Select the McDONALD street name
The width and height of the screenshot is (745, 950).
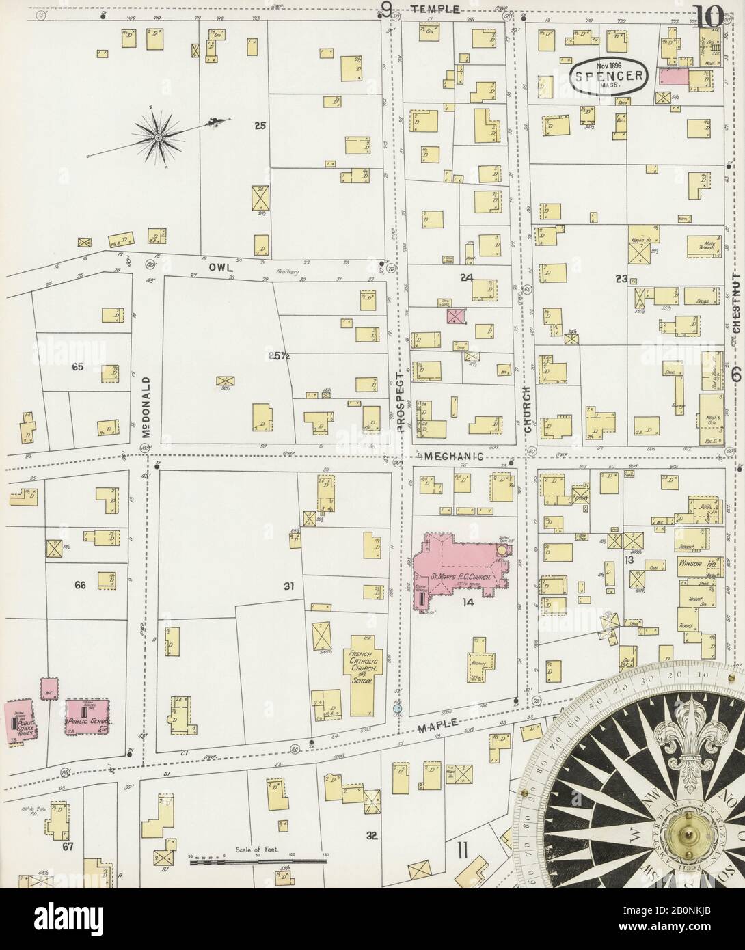[x=146, y=401]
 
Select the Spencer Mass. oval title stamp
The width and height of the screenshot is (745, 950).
[x=607, y=77]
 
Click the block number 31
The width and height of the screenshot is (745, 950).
[x=288, y=586]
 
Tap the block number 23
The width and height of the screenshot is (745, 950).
[x=621, y=278]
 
